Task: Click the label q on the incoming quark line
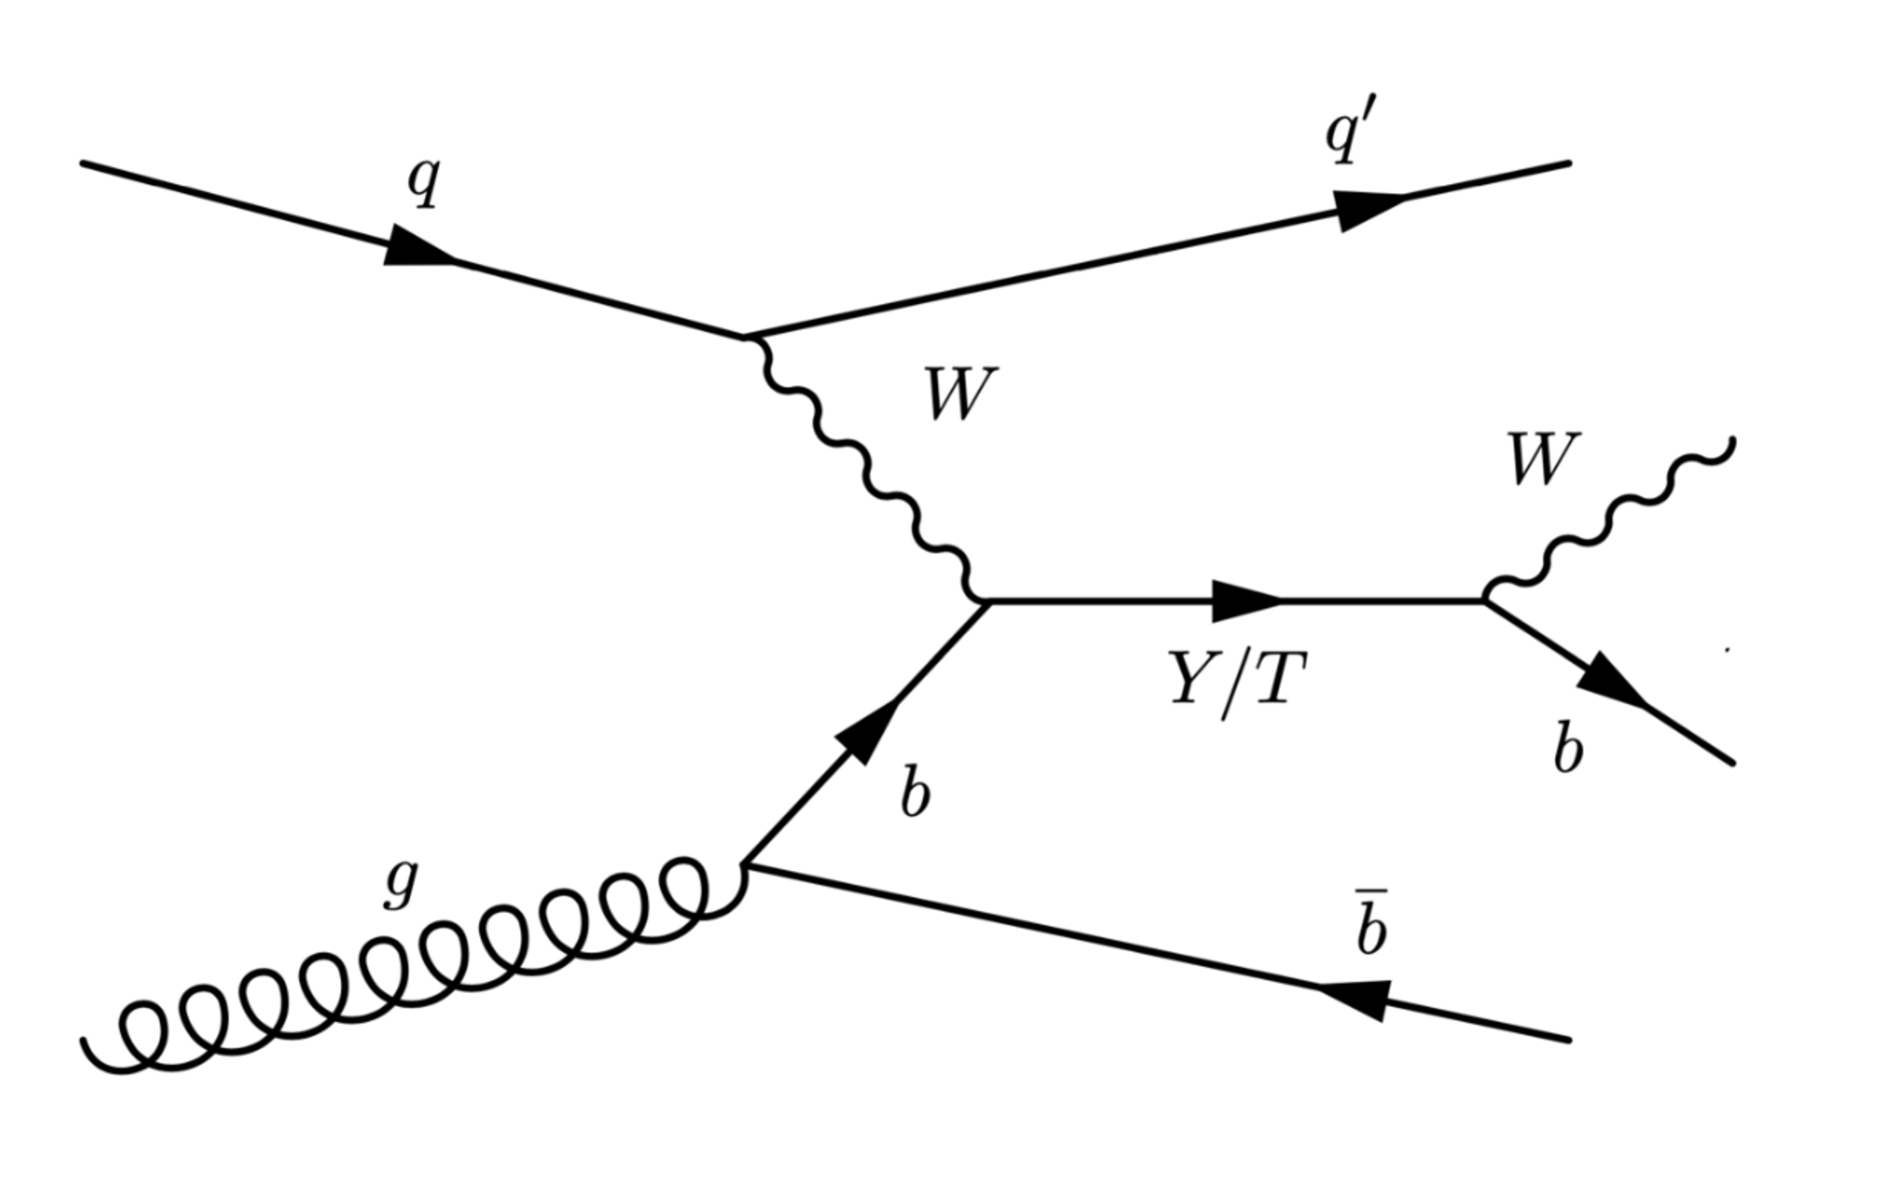[424, 181]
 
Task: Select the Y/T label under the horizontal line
[1237, 684]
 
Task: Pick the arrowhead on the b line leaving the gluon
[867, 732]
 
